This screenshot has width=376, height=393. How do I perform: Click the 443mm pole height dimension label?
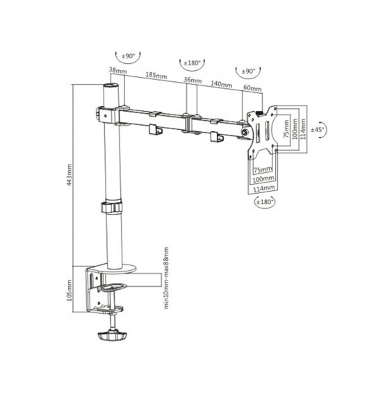(70, 175)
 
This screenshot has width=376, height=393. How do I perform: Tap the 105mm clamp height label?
(70, 290)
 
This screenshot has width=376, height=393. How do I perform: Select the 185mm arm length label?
(156, 75)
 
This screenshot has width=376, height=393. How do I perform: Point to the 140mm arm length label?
(221, 84)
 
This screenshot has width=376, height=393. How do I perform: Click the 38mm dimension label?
(117, 70)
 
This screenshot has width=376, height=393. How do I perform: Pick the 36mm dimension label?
(193, 81)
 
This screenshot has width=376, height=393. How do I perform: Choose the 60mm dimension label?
(252, 88)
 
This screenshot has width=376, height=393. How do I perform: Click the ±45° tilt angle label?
(318, 130)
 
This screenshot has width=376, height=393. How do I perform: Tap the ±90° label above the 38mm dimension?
(128, 56)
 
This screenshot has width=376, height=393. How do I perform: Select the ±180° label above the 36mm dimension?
(193, 63)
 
